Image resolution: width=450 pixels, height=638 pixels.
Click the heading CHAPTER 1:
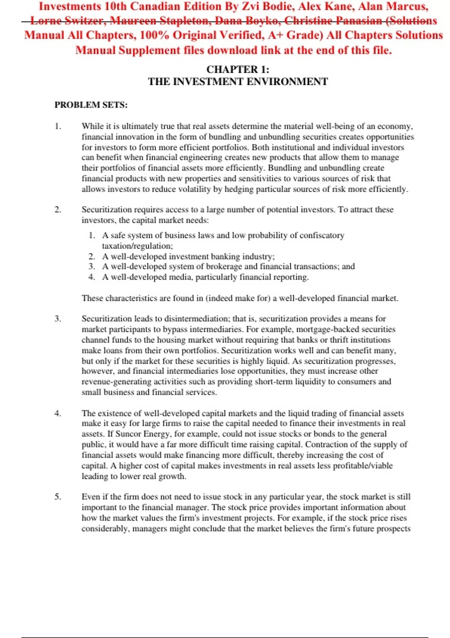point(238,69)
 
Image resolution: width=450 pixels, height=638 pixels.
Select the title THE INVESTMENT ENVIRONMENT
point(238,81)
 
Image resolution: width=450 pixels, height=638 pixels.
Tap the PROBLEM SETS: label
point(91,105)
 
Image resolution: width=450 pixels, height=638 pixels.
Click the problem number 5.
point(58,497)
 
